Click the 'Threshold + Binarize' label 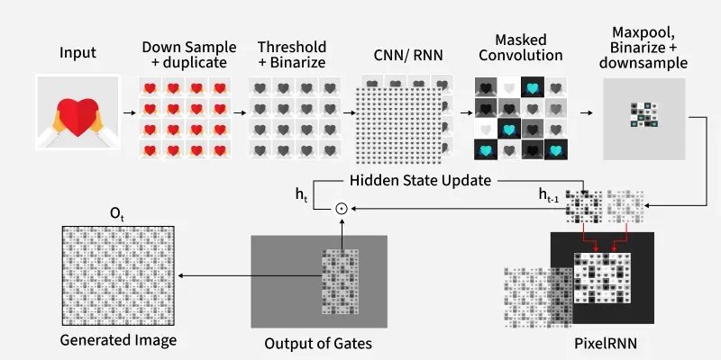(293, 54)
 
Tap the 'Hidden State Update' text (420, 180)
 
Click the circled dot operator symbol (341, 209)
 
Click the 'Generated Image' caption (118, 341)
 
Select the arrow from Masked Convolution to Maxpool (586, 114)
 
